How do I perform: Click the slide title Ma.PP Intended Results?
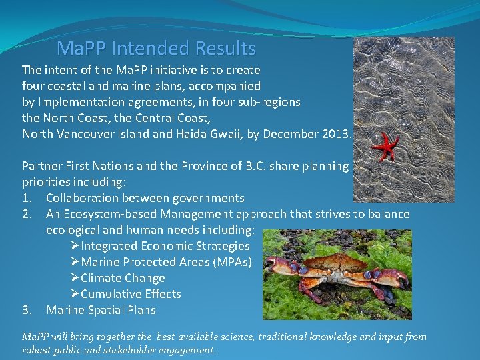coord(156,49)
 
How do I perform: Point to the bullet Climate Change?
coord(123,278)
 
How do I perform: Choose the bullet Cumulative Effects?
coord(131,294)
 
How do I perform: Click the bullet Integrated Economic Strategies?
coord(165,246)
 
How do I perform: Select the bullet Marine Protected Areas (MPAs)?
coord(166,262)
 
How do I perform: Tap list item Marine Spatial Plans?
coord(101,310)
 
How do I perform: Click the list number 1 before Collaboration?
coord(26,198)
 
